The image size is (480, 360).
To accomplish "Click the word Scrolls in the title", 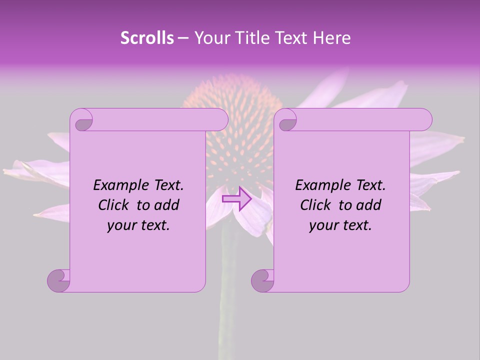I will pos(147,38).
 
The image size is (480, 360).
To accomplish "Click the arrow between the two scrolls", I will pos(236,199).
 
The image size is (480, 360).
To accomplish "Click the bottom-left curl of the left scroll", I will pos(59,280).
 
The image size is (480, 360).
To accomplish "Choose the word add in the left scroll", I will pos(167,205).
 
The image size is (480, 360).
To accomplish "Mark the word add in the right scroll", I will pos(369,205).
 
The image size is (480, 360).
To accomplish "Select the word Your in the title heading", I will pos(210,38).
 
